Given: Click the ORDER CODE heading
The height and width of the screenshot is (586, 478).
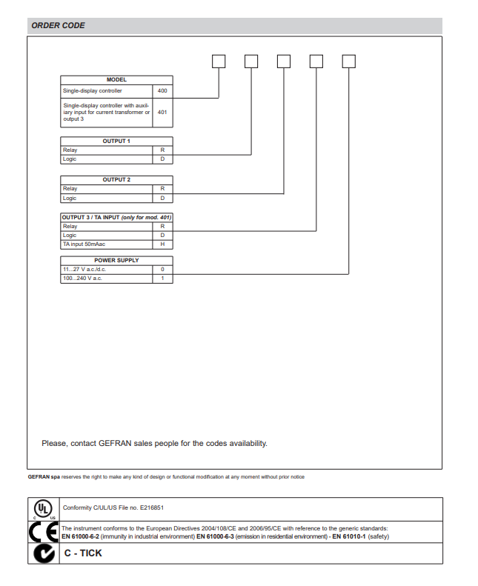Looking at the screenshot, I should [58, 25].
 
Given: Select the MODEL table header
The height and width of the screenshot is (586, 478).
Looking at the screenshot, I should [116, 79].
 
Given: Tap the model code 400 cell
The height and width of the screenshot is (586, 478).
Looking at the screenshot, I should [162, 91].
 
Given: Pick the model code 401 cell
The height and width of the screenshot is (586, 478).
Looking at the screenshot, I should [162, 113].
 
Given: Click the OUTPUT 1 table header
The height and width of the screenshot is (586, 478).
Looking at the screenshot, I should [116, 141].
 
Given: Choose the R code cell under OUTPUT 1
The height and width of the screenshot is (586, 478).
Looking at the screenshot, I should [162, 150].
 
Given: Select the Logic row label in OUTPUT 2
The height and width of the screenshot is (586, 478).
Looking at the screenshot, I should [70, 198].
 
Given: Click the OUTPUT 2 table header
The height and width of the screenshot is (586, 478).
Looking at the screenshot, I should [116, 179].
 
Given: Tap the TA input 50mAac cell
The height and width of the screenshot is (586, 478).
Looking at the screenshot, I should [84, 244].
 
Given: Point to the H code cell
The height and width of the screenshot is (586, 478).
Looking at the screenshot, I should [162, 244].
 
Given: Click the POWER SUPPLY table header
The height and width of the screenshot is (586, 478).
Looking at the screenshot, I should [116, 260].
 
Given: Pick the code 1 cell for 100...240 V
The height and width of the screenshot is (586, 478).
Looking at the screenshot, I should [162, 279].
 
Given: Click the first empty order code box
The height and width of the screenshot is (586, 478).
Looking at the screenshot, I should [219, 61].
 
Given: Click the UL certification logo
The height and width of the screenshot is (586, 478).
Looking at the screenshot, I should [44, 509].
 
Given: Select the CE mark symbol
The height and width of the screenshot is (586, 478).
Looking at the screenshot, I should [43, 531].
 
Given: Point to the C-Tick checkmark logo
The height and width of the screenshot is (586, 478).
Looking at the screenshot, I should [43, 553].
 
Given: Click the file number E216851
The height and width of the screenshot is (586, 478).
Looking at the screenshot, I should [149, 508].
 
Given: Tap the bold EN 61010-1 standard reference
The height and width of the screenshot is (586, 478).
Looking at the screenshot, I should [349, 536].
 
